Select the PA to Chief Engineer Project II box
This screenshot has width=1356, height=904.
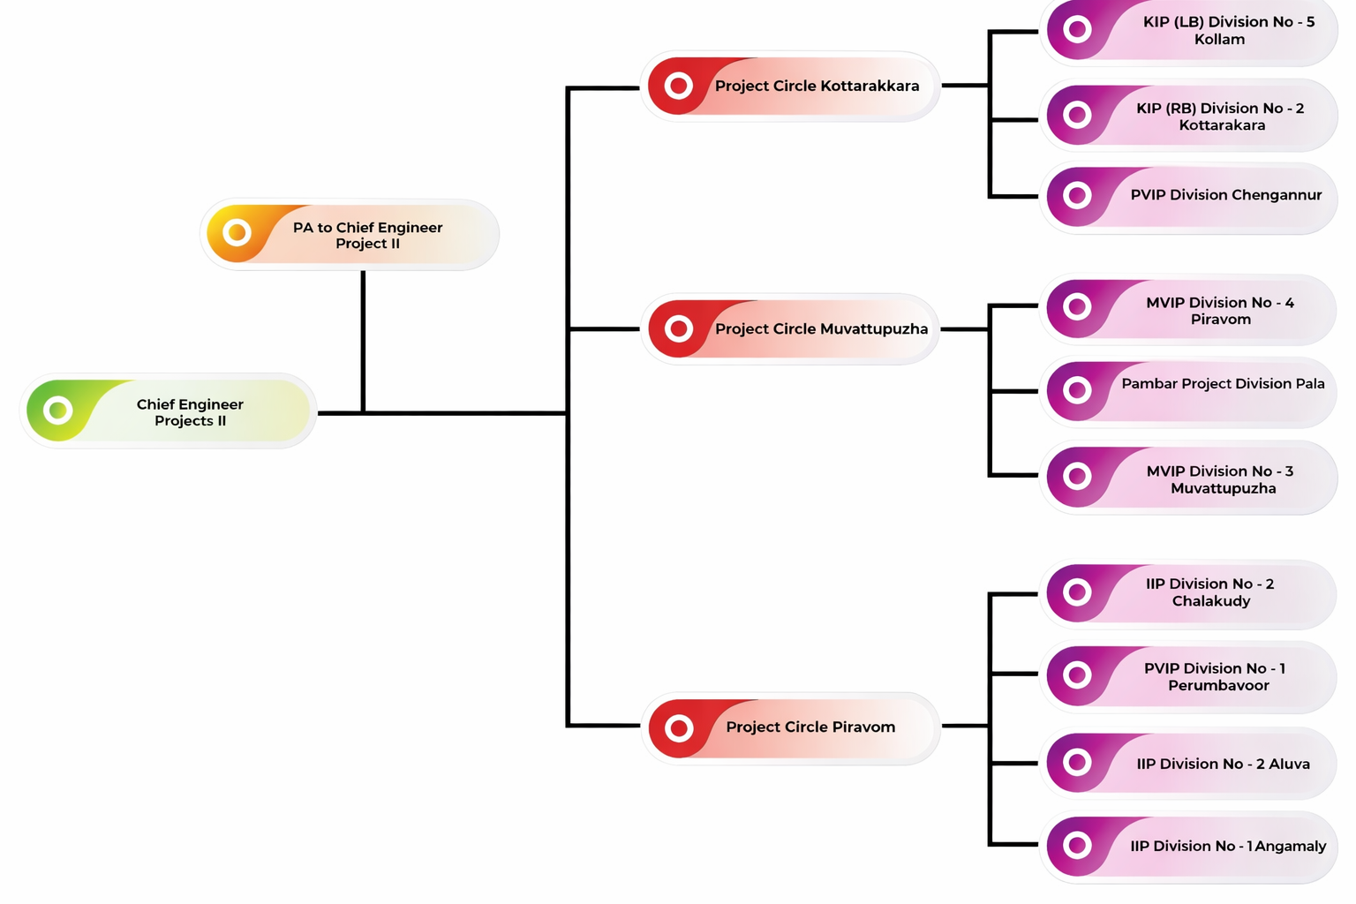[350, 235]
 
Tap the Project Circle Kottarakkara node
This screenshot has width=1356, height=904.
[790, 87]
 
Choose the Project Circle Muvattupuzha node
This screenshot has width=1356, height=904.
[790, 329]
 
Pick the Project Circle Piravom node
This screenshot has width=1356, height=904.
[790, 727]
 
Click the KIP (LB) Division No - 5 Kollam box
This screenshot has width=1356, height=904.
[1189, 31]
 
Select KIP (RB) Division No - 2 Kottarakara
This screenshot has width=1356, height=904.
[1189, 117]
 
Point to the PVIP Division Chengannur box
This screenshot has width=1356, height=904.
[1189, 196]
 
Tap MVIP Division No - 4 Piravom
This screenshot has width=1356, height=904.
[1189, 311]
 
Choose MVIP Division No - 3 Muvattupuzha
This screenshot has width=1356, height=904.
[1189, 478]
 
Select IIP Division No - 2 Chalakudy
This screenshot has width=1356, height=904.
[1189, 592]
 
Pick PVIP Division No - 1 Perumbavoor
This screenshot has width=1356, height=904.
[1189, 677]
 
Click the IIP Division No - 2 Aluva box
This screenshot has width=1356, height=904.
[1189, 764]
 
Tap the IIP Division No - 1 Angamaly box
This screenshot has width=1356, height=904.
[1189, 847]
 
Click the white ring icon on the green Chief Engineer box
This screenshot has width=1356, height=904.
[58, 411]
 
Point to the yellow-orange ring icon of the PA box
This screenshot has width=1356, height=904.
[237, 233]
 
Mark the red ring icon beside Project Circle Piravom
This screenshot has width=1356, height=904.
[679, 728]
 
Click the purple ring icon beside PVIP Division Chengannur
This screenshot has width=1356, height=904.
[1077, 195]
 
